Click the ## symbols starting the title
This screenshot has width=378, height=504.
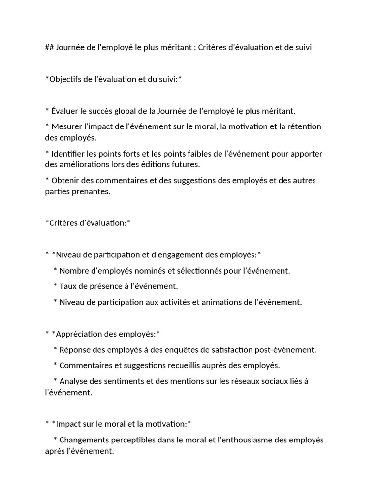pos(49,48)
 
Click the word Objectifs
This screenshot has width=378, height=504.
pos(67,80)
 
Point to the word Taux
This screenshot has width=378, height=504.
pos(68,286)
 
